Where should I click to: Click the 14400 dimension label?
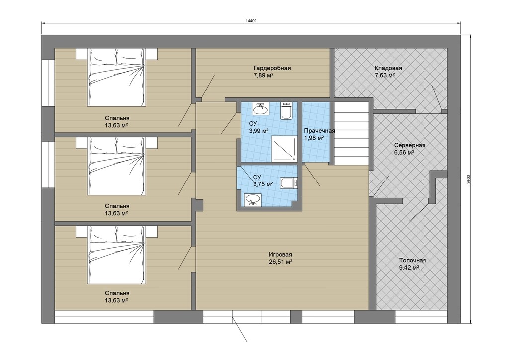pos(251,21)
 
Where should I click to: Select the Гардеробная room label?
pos(272,68)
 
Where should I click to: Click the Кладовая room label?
pos(388,68)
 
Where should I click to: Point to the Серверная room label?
pos(410,145)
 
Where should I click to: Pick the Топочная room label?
pos(412,260)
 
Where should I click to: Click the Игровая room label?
pos(280,255)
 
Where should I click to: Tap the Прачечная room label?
pos(319,131)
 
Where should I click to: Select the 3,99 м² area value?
pos(258,131)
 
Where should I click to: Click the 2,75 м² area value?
pos(263,184)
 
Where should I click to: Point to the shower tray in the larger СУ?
pos(284,149)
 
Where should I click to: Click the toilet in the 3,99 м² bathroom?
pos(286,111)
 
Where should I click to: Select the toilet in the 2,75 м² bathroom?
pos(289,183)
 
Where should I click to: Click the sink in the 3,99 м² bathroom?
pos(260,109)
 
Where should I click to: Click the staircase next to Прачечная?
pos(351,133)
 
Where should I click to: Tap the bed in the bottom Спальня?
pos(116,255)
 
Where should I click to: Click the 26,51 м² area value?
pos(280,262)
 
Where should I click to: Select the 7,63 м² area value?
pos(385,75)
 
